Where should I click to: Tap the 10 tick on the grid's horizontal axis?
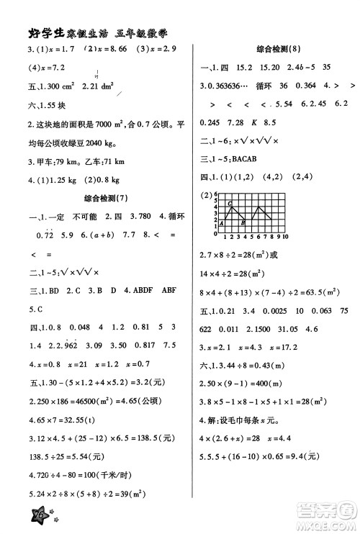(x=285, y=236)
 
